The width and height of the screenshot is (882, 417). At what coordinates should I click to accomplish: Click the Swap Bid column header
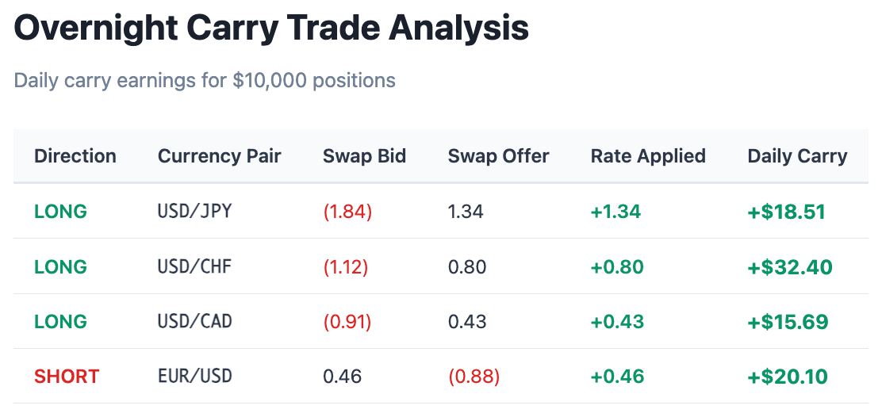click(364, 156)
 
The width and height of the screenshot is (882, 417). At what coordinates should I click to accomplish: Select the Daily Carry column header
click(797, 156)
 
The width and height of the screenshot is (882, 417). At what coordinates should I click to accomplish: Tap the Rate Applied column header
click(648, 156)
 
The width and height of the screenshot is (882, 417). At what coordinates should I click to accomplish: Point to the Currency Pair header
click(220, 156)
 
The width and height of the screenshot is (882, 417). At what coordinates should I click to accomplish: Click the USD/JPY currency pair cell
click(194, 212)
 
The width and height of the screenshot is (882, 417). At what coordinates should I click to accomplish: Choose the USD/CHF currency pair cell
click(194, 266)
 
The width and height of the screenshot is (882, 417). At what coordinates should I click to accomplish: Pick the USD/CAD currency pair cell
click(194, 322)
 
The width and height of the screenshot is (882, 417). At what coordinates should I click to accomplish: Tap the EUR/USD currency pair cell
click(194, 376)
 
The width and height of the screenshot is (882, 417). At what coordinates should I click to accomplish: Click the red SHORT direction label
click(67, 376)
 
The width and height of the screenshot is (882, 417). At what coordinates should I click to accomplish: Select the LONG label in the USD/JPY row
click(60, 212)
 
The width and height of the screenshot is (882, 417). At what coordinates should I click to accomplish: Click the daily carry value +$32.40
click(790, 267)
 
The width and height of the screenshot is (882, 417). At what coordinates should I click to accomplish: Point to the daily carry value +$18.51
click(787, 212)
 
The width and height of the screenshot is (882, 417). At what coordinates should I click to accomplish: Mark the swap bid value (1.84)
click(347, 212)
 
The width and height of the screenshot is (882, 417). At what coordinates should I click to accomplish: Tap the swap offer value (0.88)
click(474, 376)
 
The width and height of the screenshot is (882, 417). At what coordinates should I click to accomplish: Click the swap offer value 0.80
click(467, 266)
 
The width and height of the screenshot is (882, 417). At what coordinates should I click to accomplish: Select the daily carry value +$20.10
click(788, 376)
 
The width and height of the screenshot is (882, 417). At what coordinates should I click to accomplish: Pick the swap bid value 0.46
click(342, 376)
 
